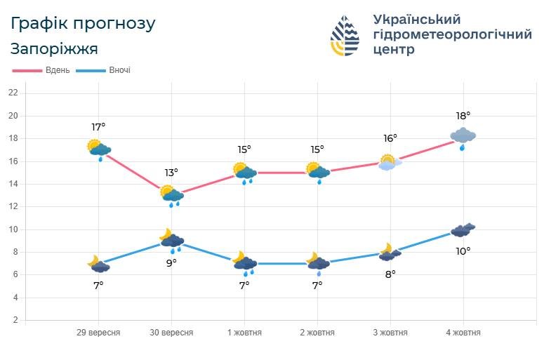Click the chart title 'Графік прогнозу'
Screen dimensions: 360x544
83,23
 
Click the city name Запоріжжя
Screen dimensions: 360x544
54,48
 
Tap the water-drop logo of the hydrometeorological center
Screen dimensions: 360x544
346,35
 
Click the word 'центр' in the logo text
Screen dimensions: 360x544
394,50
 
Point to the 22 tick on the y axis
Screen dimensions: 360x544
13,93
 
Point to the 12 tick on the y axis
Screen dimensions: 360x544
13,206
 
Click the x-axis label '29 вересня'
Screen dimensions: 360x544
98,333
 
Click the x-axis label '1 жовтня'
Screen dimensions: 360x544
244,333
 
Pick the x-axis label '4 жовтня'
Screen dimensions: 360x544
463,333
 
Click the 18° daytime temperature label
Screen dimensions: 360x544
463,116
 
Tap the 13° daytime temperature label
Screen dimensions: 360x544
171,172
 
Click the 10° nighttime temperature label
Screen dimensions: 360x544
463,251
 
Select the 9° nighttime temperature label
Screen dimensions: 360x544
171,262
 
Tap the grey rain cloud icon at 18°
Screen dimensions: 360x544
463,137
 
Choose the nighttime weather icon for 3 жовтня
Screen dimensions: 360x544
390,253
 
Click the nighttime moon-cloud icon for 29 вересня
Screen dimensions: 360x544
99,264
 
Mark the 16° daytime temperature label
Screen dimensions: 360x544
390,138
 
